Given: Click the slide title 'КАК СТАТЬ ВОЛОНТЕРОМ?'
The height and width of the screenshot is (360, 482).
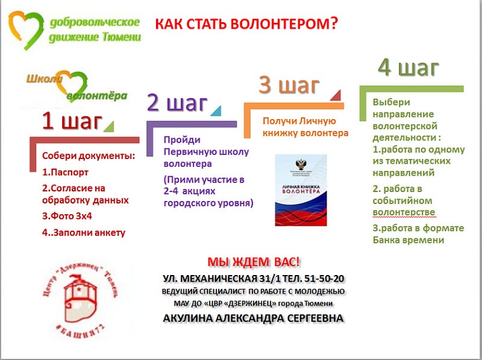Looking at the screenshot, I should pyautogui.click(x=246, y=25).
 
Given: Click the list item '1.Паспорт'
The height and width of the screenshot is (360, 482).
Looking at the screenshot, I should pyautogui.click(x=65, y=172).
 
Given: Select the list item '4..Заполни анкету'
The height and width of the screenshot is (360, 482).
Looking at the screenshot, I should pyautogui.click(x=83, y=232).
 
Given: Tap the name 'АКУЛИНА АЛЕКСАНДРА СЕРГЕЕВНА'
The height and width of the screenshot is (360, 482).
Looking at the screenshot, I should pyautogui.click(x=252, y=318).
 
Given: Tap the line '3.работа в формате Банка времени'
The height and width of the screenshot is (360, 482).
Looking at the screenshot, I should pyautogui.click(x=418, y=234).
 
